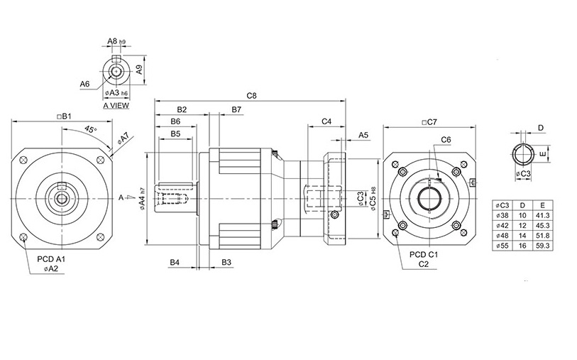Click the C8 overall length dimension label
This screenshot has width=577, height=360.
click(x=251, y=95)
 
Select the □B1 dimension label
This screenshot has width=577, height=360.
click(x=65, y=115)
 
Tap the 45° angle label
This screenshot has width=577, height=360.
click(x=90, y=129)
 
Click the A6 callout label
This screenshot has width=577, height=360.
click(x=84, y=84)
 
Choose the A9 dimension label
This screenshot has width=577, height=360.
click(x=140, y=70)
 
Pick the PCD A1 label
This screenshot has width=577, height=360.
click(x=51, y=260)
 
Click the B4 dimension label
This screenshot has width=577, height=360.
click(x=174, y=263)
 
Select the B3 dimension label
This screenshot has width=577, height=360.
click(x=226, y=263)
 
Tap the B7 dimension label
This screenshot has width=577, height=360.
click(x=236, y=109)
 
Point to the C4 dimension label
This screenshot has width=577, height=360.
click(x=326, y=121)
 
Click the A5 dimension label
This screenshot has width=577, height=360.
click(x=363, y=134)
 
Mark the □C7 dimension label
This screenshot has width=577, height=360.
click(x=428, y=121)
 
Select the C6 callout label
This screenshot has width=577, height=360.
click(x=446, y=140)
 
